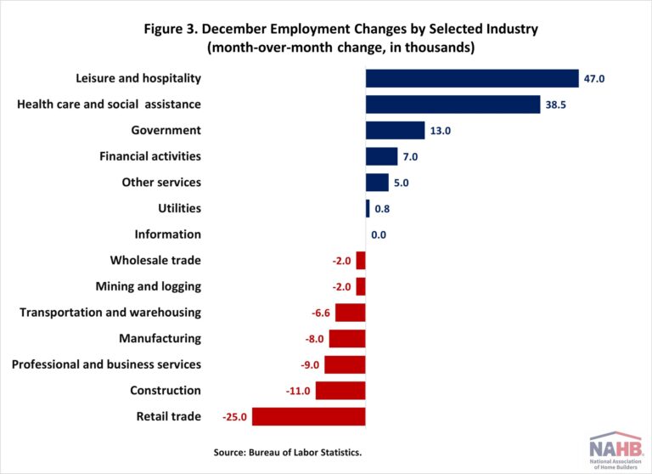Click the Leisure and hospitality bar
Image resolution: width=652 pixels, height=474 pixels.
point(472,78)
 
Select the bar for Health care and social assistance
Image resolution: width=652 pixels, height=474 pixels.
point(452,104)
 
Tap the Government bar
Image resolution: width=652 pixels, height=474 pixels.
point(395,130)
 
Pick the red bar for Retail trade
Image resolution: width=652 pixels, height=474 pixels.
point(308,416)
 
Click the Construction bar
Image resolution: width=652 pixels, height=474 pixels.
point(340,391)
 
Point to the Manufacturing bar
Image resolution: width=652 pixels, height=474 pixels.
point(347,338)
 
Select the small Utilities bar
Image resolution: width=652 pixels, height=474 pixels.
point(368,208)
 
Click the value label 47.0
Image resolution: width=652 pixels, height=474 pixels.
point(593,79)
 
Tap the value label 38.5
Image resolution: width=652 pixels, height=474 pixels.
point(556,104)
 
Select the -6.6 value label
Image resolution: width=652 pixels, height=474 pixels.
point(320,313)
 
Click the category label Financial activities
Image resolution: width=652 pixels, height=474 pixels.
point(150,156)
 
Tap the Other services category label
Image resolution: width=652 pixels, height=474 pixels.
point(161,183)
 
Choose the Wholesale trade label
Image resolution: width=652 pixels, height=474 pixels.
point(155,261)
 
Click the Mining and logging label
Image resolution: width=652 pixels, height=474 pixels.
point(155,286)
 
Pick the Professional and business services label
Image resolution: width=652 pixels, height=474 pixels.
point(106,364)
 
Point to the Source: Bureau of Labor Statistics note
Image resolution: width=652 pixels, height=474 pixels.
point(288,452)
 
